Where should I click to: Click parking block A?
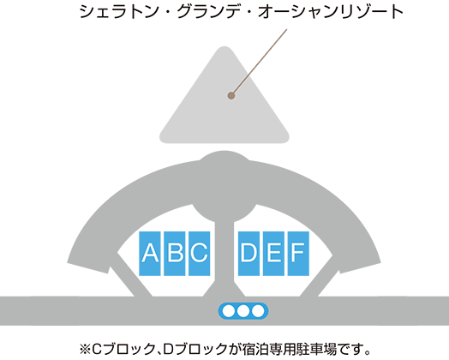[x=150, y=254]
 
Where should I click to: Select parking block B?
[x=175, y=254]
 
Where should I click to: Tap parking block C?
[x=200, y=254]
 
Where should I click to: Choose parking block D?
[x=248, y=254]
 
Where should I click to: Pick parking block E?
[x=273, y=254]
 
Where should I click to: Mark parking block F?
[x=298, y=254]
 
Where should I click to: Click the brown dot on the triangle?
[x=231, y=96]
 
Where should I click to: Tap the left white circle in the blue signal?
[x=229, y=311]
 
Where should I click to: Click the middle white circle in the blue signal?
[x=243, y=311]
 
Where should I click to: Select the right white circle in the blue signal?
[x=258, y=311]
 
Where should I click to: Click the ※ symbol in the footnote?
[x=85, y=349]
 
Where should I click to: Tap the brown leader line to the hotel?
[x=259, y=63]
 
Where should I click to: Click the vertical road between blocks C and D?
[x=224, y=258]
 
